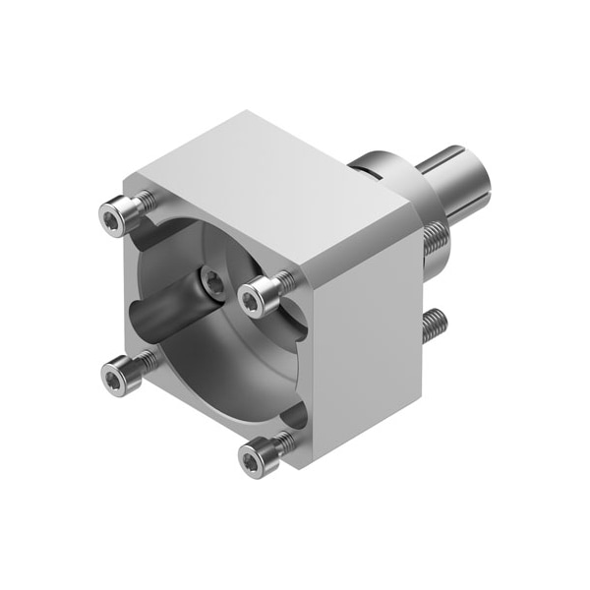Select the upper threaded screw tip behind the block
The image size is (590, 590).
pyautogui.click(x=433, y=240)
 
